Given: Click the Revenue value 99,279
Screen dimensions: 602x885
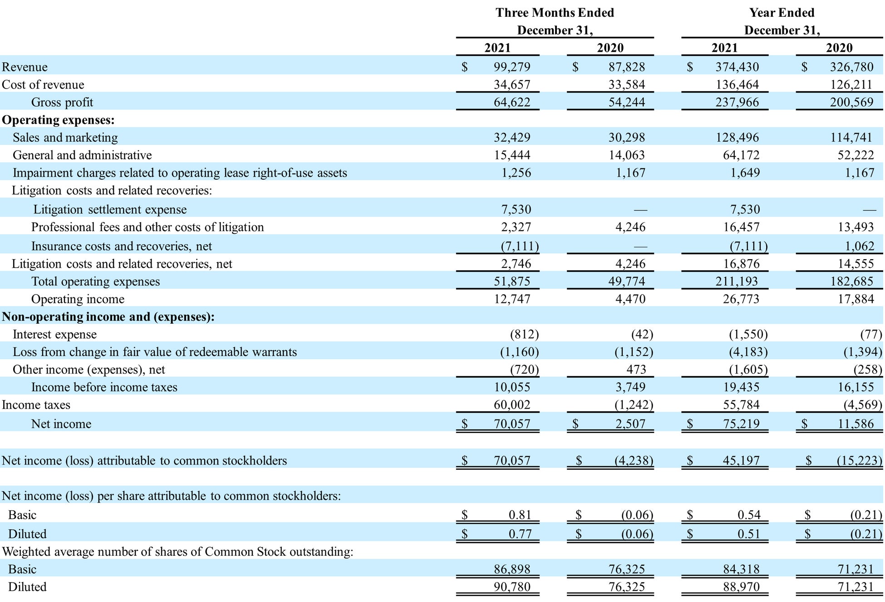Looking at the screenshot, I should coord(511,67).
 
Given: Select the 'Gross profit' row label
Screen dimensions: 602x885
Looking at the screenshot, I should coord(62,103).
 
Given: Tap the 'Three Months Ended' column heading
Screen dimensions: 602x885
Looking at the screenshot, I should coord(555,13).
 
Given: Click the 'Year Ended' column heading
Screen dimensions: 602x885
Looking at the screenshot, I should coord(782,13).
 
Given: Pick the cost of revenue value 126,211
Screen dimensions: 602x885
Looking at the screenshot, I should coord(851,85).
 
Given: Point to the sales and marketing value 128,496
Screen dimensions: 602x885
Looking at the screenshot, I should coord(737,138).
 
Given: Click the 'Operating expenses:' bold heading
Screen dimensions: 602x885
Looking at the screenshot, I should coord(58,120).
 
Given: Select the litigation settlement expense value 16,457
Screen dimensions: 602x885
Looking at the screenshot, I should coord(741,227).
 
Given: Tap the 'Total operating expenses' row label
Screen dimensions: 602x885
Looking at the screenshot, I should coord(95,281).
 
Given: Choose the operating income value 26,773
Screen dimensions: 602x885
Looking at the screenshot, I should coord(741,299).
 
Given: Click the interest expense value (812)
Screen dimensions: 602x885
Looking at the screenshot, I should coord(524,335).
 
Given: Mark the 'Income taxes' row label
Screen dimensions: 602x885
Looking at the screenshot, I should coord(36,405).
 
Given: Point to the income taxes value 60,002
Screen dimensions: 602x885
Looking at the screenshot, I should coord(511,405).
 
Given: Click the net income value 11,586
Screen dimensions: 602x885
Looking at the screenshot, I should coord(855,424).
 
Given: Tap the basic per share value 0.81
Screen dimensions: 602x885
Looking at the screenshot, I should coord(520,515).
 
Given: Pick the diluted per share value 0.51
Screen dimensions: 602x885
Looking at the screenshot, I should coord(748,534).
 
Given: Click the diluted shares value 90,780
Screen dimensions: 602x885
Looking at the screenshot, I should coord(511,587).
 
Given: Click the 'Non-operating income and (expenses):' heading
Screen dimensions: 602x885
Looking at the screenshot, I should coord(108,317).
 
